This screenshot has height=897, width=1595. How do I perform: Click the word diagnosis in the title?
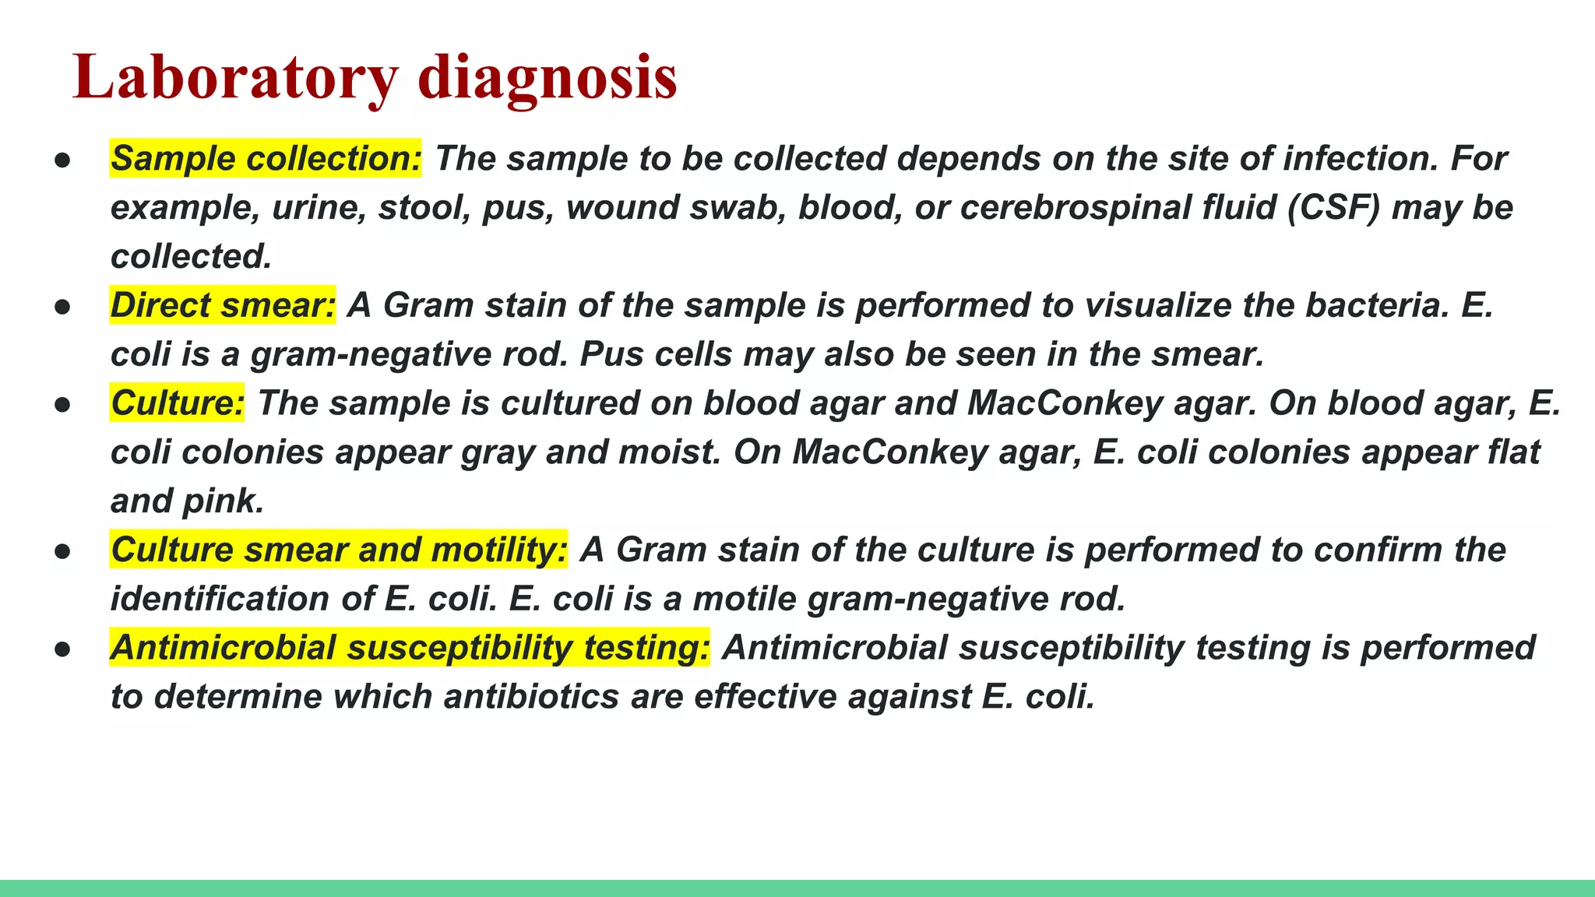click(x=548, y=78)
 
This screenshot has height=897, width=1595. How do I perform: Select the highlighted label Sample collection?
click(x=266, y=159)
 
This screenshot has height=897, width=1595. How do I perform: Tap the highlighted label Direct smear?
click(x=223, y=305)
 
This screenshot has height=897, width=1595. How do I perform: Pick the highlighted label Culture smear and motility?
click(x=339, y=550)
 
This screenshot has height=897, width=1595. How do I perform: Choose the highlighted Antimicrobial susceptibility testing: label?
click(x=410, y=648)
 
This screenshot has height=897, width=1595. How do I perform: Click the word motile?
click(x=745, y=599)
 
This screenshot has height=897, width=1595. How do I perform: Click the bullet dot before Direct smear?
click(x=63, y=307)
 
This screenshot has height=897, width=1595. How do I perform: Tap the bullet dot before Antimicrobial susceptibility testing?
click(x=63, y=649)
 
